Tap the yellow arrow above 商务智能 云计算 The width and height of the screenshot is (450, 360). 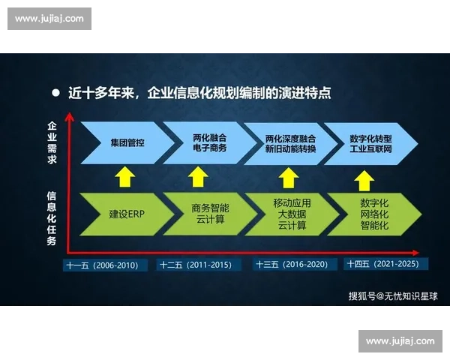click(198, 178)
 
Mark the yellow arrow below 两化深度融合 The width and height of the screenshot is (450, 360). click(288, 178)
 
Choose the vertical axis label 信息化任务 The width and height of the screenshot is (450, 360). click(52, 218)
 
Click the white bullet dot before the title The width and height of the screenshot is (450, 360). click(55, 94)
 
